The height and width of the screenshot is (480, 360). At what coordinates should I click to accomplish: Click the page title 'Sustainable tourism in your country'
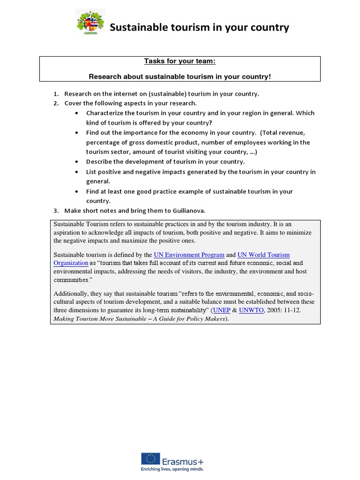199,28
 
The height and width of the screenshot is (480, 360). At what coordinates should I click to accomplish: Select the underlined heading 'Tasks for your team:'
180,61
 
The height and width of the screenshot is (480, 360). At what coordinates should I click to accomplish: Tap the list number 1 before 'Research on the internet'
55,94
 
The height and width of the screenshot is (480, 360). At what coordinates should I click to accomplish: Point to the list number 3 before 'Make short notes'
55,210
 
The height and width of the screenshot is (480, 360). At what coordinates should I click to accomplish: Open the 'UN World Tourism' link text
263,255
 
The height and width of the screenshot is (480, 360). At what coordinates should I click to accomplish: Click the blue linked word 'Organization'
71,263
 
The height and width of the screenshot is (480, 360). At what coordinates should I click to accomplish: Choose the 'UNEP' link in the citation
222,310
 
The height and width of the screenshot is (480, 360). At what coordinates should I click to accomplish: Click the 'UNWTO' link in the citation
252,310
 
